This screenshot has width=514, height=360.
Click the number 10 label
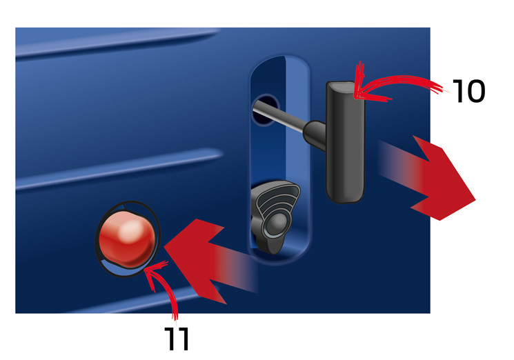coord(468,91)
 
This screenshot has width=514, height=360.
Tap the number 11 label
coord(177,339)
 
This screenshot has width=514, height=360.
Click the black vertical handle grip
coord(345,141)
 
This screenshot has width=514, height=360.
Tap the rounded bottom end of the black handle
coord(346,196)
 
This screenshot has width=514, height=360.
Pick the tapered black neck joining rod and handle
coord(315,134)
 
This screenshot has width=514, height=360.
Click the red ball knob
coord(127,238)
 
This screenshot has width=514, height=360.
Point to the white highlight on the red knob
coord(131,229)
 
